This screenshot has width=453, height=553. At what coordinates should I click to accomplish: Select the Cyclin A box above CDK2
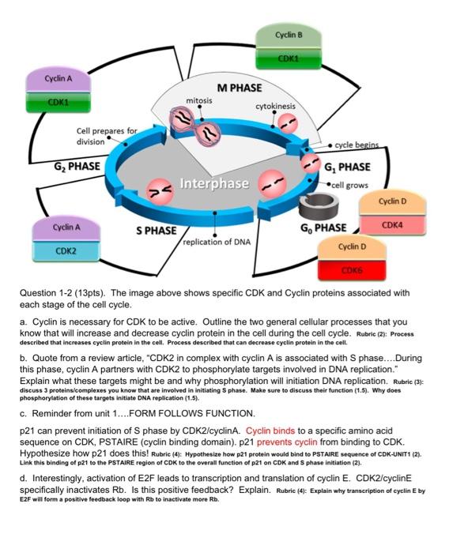pyautogui.click(x=65, y=228)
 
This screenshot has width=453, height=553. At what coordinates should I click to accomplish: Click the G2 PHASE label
pyautogui.click(x=77, y=166)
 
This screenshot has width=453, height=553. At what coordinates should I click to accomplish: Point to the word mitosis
pyautogui.click(x=200, y=101)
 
